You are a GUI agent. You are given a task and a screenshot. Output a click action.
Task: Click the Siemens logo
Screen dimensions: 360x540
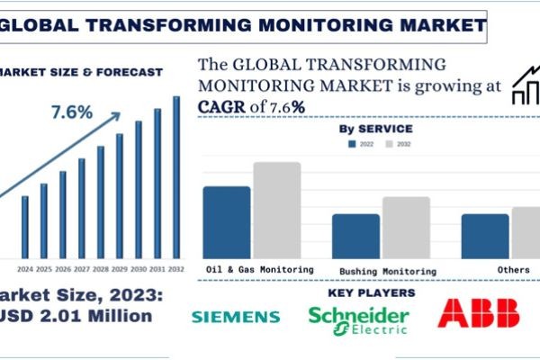(x=236, y=317)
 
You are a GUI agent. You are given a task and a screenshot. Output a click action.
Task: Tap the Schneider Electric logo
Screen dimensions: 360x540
(x=358, y=318)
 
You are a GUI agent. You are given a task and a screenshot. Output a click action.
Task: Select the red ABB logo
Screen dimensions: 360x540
(x=478, y=312)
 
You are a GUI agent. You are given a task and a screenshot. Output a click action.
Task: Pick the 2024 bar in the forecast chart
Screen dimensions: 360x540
(x=25, y=224)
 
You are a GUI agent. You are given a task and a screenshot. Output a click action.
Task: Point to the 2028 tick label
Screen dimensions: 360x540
(x=100, y=268)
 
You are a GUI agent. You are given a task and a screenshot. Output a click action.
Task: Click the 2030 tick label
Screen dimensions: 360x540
(x=139, y=268)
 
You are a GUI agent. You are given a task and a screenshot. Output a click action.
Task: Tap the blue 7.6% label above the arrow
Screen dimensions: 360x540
(x=71, y=112)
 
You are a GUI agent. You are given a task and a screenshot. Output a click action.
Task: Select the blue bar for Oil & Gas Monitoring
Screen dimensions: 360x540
(x=226, y=220)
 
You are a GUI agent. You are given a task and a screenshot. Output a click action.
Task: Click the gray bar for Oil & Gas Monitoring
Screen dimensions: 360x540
(x=276, y=208)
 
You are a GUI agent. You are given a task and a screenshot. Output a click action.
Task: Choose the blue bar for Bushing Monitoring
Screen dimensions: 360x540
(x=355, y=234)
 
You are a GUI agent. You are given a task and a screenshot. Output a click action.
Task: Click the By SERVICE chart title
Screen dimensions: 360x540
(x=376, y=130)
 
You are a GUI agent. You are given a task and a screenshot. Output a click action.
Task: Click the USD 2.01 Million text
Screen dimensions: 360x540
(x=76, y=316)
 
